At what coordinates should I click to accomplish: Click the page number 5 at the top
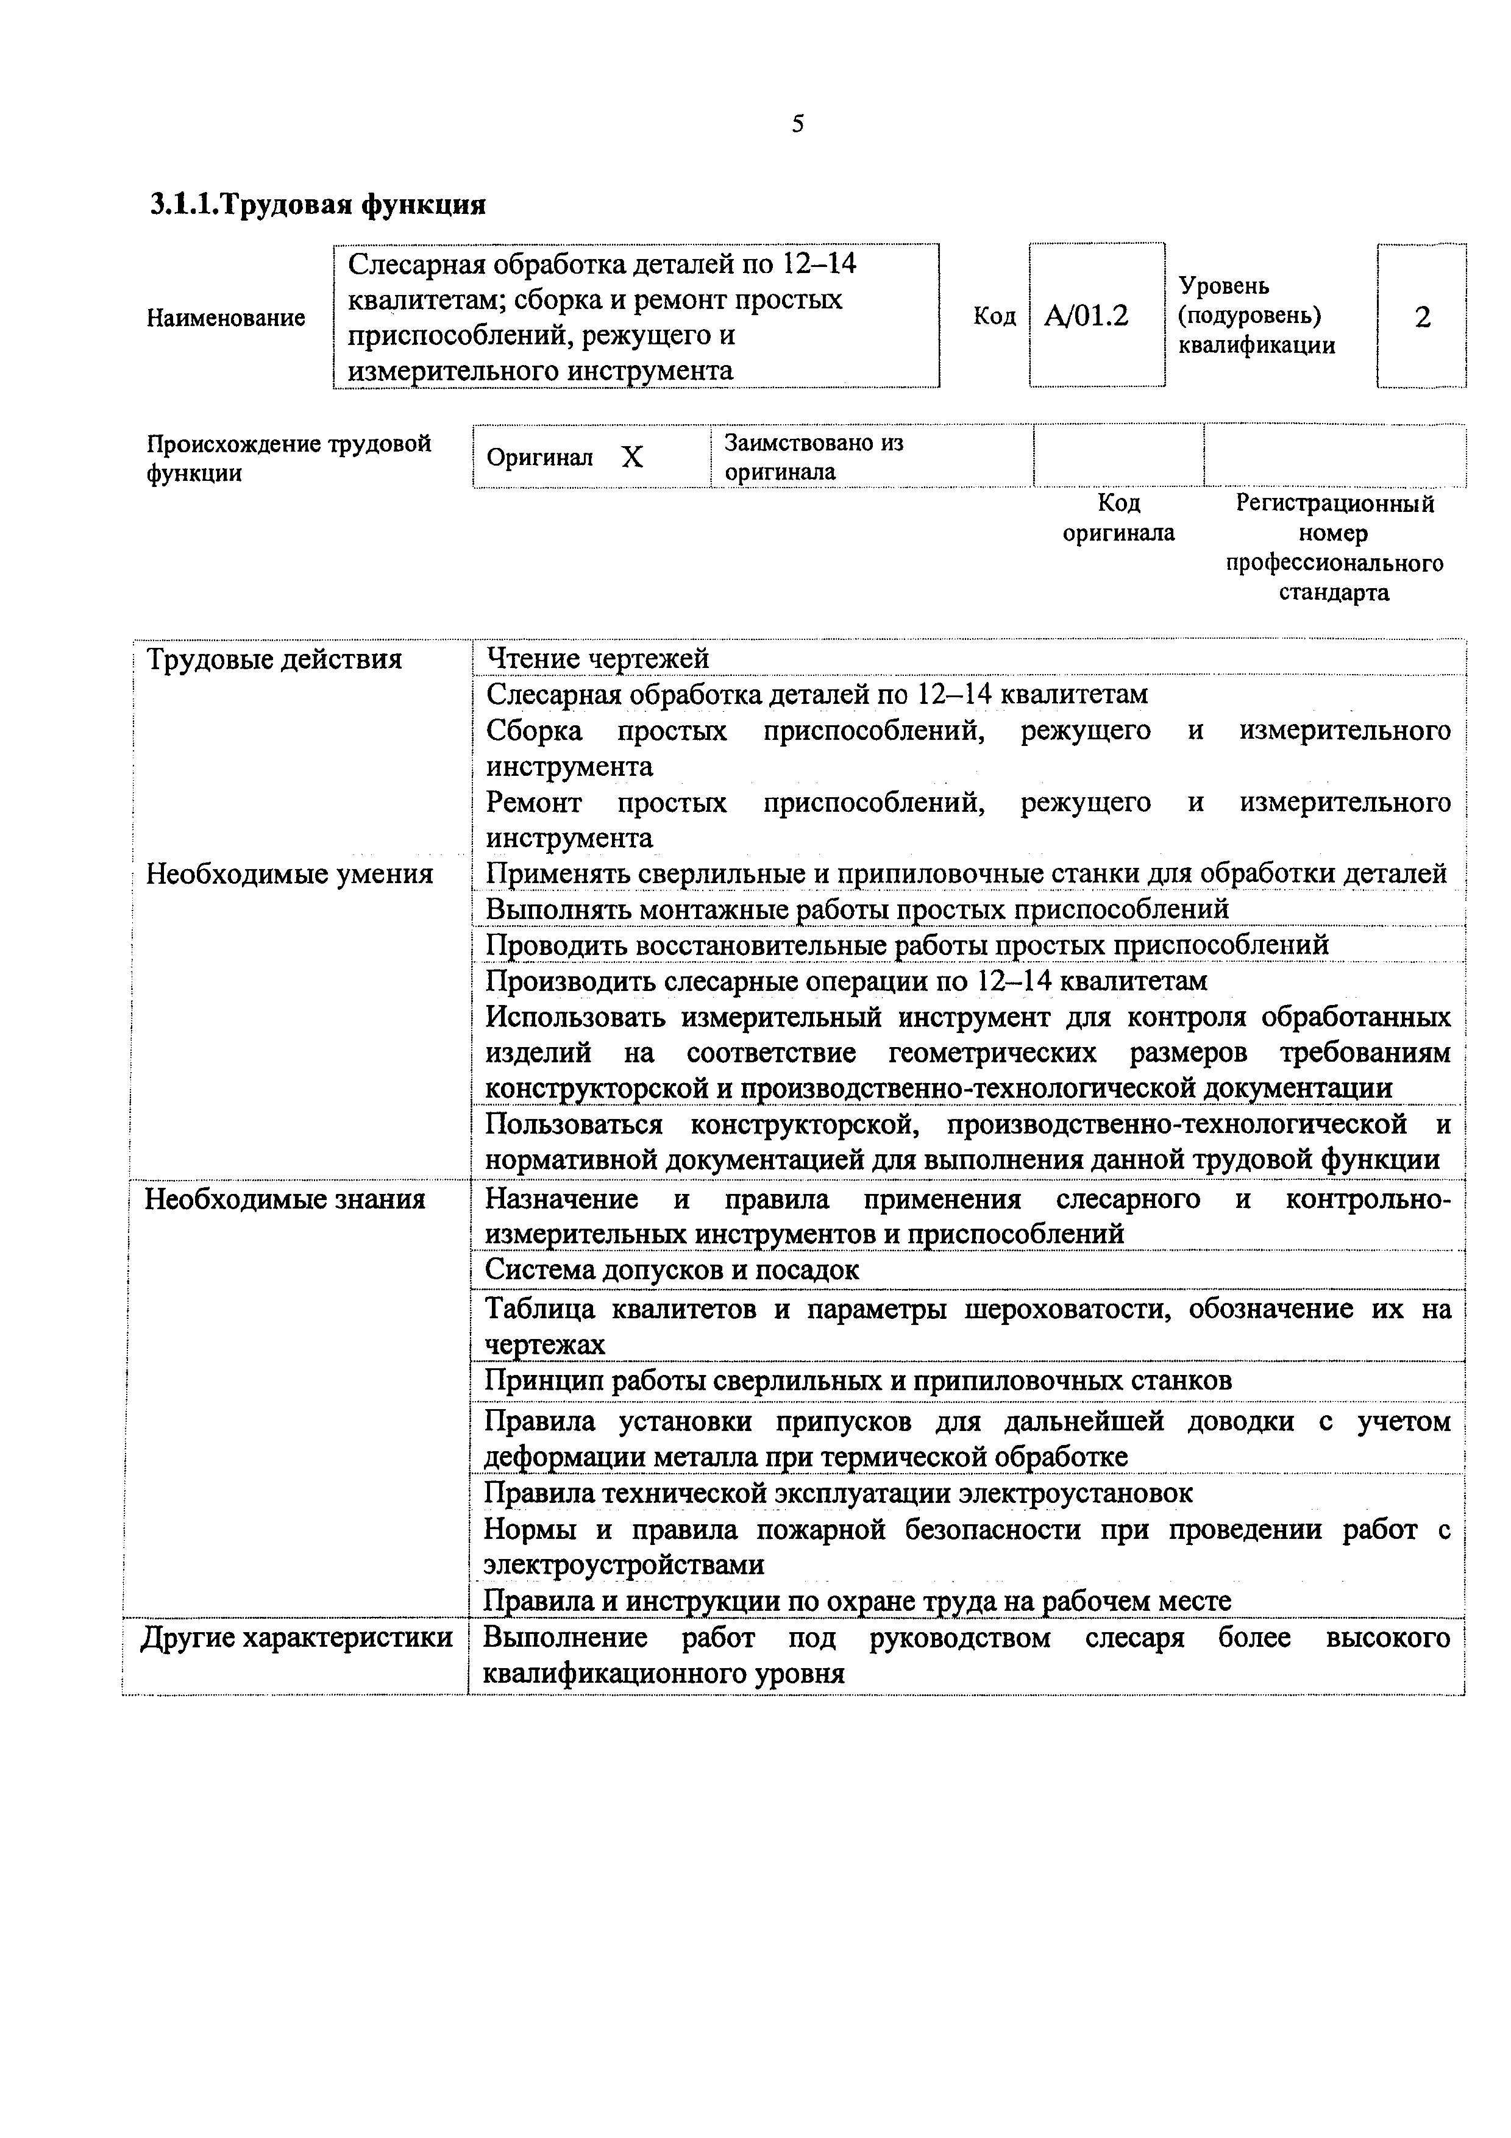click(798, 124)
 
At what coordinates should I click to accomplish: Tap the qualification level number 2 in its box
click(1421, 318)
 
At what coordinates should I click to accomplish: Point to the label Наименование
click(226, 318)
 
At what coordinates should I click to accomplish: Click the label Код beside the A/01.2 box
click(994, 316)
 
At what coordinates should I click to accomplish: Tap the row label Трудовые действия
click(275, 659)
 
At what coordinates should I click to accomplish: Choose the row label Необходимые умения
click(290, 873)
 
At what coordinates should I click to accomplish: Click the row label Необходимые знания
click(285, 1198)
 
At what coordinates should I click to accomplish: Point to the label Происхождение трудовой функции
click(288, 457)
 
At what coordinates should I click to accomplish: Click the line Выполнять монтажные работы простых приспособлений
click(856, 908)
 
